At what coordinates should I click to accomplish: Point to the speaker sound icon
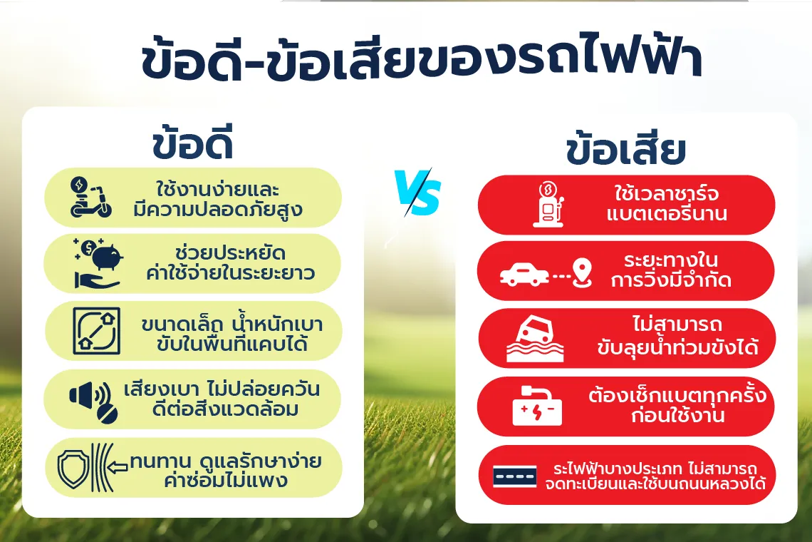(x=94, y=402)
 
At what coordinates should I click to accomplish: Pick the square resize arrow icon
(x=97, y=331)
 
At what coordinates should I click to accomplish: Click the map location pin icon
(x=583, y=273)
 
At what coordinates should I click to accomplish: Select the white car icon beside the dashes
(x=524, y=275)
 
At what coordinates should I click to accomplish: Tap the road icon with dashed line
(x=514, y=476)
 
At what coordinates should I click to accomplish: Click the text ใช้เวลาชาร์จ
(x=667, y=193)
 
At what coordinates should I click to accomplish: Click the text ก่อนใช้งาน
(x=677, y=416)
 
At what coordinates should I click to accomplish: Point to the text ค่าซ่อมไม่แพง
(x=226, y=480)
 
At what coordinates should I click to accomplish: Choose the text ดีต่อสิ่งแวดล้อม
(x=225, y=409)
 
